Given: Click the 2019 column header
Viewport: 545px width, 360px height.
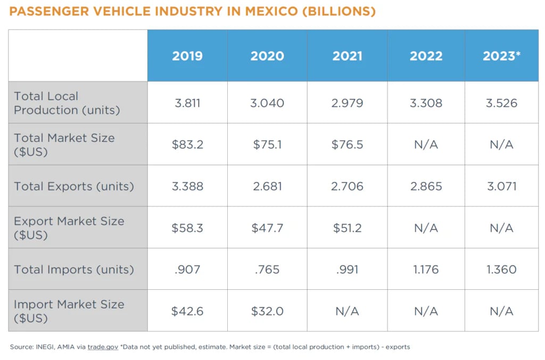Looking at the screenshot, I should click(x=187, y=56).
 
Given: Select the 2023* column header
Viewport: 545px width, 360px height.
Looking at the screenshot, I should click(x=501, y=56).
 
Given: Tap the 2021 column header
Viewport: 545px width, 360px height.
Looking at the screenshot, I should click(x=347, y=56).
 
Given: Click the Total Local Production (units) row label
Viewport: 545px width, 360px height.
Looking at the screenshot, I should click(x=67, y=103).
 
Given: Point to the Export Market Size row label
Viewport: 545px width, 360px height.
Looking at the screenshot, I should click(x=69, y=228).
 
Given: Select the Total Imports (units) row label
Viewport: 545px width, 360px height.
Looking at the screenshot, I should click(x=73, y=270).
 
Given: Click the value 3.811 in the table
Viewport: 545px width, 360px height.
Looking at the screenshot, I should click(x=187, y=103).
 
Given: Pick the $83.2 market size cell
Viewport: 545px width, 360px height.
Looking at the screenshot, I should click(x=187, y=145).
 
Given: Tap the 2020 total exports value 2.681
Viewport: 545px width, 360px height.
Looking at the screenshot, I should click(x=267, y=186).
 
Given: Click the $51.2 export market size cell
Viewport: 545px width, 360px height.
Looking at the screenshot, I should click(x=347, y=228).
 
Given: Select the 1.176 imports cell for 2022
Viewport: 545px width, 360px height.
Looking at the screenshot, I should click(x=426, y=270).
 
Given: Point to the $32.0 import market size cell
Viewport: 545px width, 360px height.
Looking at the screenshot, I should click(x=267, y=311).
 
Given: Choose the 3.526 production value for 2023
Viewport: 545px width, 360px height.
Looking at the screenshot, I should click(x=501, y=103).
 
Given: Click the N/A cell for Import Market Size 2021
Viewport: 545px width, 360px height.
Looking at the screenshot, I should click(x=347, y=311).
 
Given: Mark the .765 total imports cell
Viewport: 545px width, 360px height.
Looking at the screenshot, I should click(x=267, y=270).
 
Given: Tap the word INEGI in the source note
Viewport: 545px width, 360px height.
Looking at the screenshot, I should click(x=41, y=347).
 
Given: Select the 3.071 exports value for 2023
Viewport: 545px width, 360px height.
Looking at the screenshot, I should click(x=501, y=186).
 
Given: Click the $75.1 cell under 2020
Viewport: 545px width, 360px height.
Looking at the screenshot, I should click(x=267, y=145).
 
